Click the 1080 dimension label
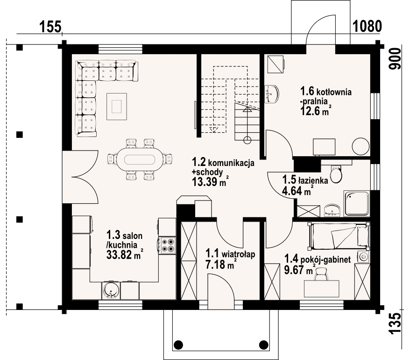[x=368, y=26]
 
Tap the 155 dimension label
[x=50, y=27]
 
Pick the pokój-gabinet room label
[x=318, y=259]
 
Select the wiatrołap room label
[x=230, y=254]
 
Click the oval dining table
[x=140, y=160]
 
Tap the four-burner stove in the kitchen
[x=168, y=245]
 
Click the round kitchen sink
[x=111, y=290]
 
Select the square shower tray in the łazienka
[x=357, y=203]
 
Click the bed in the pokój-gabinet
[x=339, y=237]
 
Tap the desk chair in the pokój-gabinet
[x=321, y=274]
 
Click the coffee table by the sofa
[x=117, y=106]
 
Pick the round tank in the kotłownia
[x=361, y=146]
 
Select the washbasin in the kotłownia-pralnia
[x=272, y=94]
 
